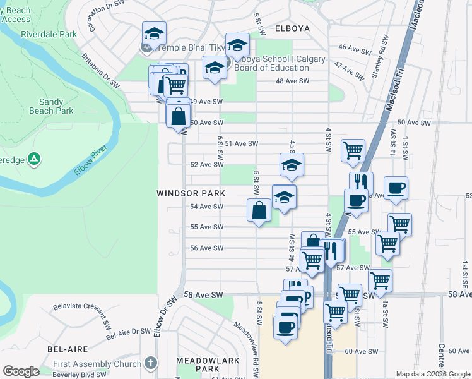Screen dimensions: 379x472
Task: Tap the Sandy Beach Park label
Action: pyautogui.click(x=56, y=106)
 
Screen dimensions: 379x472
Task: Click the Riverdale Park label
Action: pyautogui.click(x=44, y=35)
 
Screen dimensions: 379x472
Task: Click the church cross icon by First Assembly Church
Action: pyautogui.click(x=150, y=363)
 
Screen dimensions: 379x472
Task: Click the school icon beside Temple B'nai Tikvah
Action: pyautogui.click(x=153, y=34)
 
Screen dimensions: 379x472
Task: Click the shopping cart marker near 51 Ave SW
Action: pyautogui.click(x=353, y=150)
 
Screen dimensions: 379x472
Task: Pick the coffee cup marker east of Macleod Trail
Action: pyautogui.click(x=396, y=188)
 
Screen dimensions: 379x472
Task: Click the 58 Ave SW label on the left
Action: pyautogui.click(x=204, y=295)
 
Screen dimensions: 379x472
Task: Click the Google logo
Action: pyautogui.click(x=21, y=371)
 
